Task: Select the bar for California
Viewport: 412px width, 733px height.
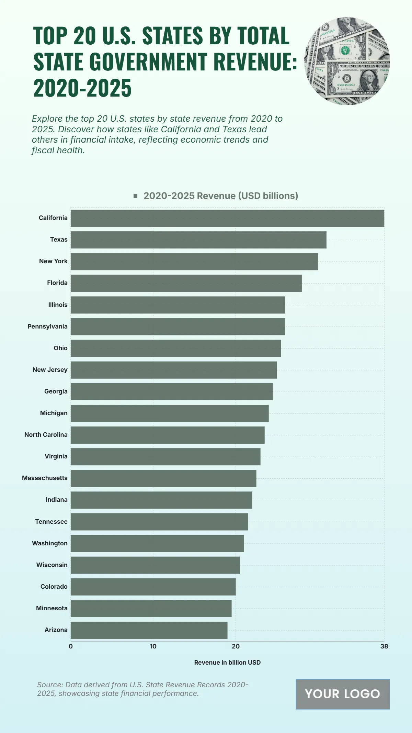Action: click(x=227, y=218)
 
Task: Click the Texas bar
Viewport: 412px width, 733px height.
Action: click(x=198, y=240)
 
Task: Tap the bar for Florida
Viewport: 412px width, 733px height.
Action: click(x=186, y=283)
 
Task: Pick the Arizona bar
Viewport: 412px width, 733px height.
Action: click(x=149, y=630)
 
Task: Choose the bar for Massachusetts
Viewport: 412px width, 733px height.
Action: click(x=163, y=478)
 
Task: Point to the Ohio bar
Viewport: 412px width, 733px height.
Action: click(x=176, y=348)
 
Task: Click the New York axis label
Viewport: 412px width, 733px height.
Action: click(x=53, y=261)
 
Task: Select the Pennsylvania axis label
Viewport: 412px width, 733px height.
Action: click(x=47, y=326)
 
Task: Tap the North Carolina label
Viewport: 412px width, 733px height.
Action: click(x=46, y=435)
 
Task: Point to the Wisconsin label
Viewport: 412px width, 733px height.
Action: click(x=52, y=565)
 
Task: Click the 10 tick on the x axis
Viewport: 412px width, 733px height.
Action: click(x=153, y=646)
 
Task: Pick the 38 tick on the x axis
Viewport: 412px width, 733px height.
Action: click(x=384, y=646)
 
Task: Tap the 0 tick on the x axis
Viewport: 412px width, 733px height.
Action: click(x=71, y=646)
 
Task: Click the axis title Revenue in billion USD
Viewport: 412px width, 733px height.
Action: click(x=227, y=663)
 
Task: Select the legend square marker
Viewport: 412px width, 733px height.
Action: click(x=136, y=196)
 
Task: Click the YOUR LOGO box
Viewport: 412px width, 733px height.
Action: click(x=343, y=694)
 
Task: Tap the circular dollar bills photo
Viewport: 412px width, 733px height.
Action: click(x=347, y=61)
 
